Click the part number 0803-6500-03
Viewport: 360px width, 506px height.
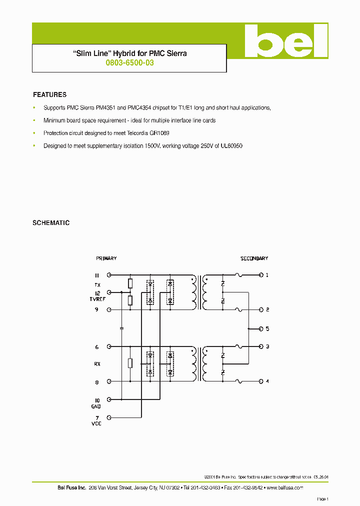(129, 63)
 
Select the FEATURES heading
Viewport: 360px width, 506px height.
(49, 94)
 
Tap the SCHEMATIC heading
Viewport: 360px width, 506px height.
(51, 223)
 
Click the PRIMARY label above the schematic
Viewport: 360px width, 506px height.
(106, 258)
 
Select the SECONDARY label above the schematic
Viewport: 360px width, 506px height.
(254, 258)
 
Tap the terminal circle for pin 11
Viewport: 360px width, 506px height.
(109, 275)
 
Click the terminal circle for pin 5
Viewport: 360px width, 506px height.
(260, 328)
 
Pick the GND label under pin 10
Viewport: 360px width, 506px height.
(96, 407)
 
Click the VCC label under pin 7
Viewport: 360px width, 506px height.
(96, 424)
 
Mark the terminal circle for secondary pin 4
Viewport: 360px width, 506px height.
(260, 381)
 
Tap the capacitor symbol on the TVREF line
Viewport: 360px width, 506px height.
(121, 328)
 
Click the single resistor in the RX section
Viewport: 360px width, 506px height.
(130, 363)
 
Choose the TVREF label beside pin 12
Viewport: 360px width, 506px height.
(97, 299)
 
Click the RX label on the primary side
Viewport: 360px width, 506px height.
(97, 364)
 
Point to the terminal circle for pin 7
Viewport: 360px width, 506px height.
(109, 417)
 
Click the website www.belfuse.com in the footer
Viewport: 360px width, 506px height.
(284, 487)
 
